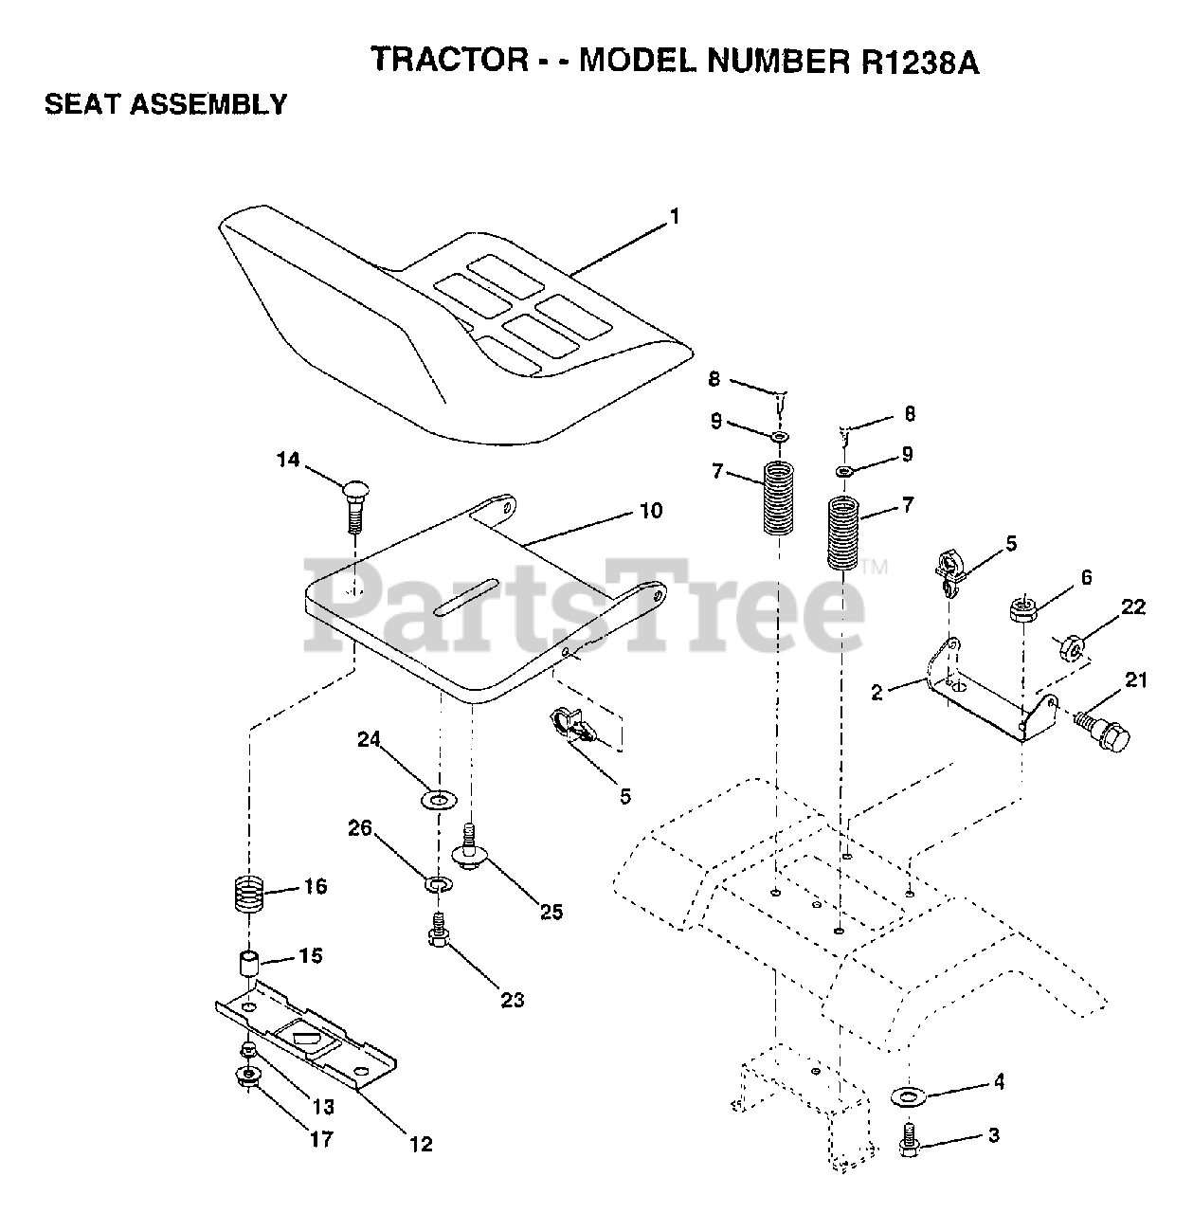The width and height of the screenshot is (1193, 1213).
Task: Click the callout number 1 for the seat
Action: pos(674,217)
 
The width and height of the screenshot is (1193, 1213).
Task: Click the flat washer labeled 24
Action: pos(436,800)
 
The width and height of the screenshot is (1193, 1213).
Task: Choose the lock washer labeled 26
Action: pos(438,884)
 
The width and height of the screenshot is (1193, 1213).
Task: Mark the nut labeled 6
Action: pos(1021,607)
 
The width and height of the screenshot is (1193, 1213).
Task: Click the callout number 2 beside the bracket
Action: pos(877,693)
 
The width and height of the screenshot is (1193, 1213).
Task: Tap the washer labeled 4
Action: pos(910,1096)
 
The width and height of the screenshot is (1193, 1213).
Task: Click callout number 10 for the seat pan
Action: pos(651,512)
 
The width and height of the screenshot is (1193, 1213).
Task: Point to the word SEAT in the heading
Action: pos(82,103)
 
